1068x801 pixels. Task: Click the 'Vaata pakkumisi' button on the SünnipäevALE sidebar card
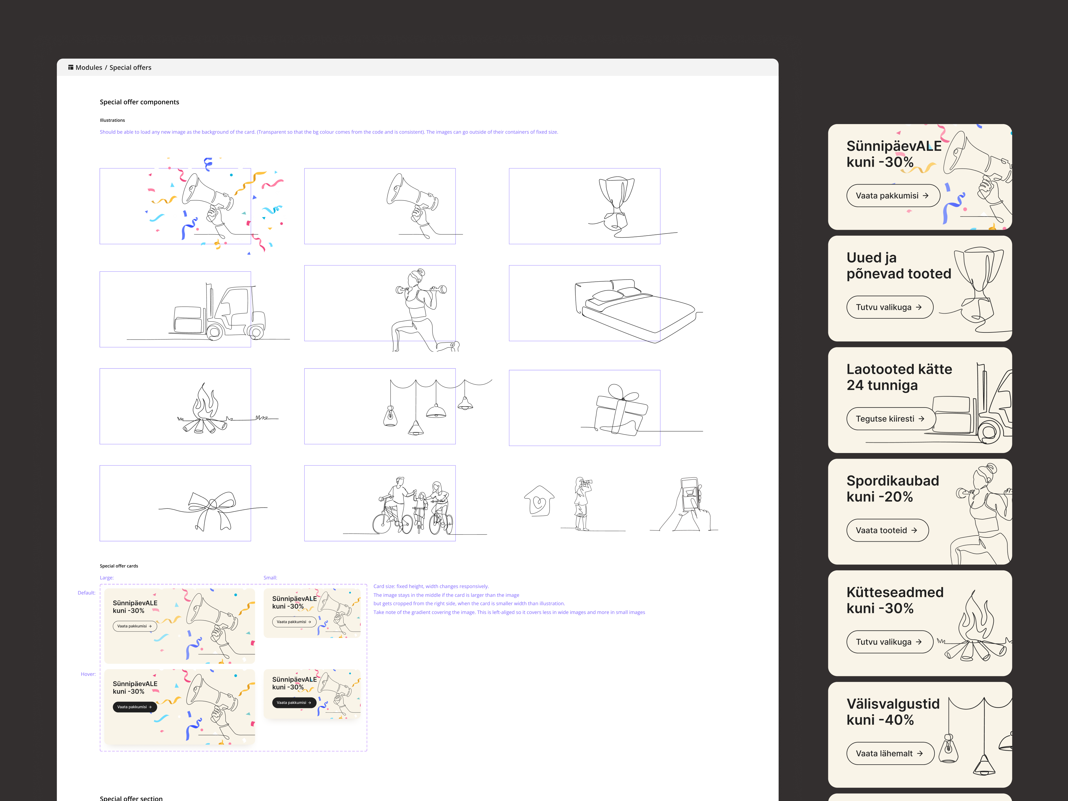(893, 195)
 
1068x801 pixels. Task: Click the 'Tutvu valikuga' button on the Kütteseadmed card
(889, 642)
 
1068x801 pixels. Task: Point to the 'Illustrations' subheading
(112, 120)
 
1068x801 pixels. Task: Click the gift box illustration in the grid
(621, 410)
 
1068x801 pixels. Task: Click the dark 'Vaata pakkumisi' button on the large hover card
(135, 707)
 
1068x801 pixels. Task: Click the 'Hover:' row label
(88, 674)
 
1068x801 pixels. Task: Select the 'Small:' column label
(271, 577)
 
